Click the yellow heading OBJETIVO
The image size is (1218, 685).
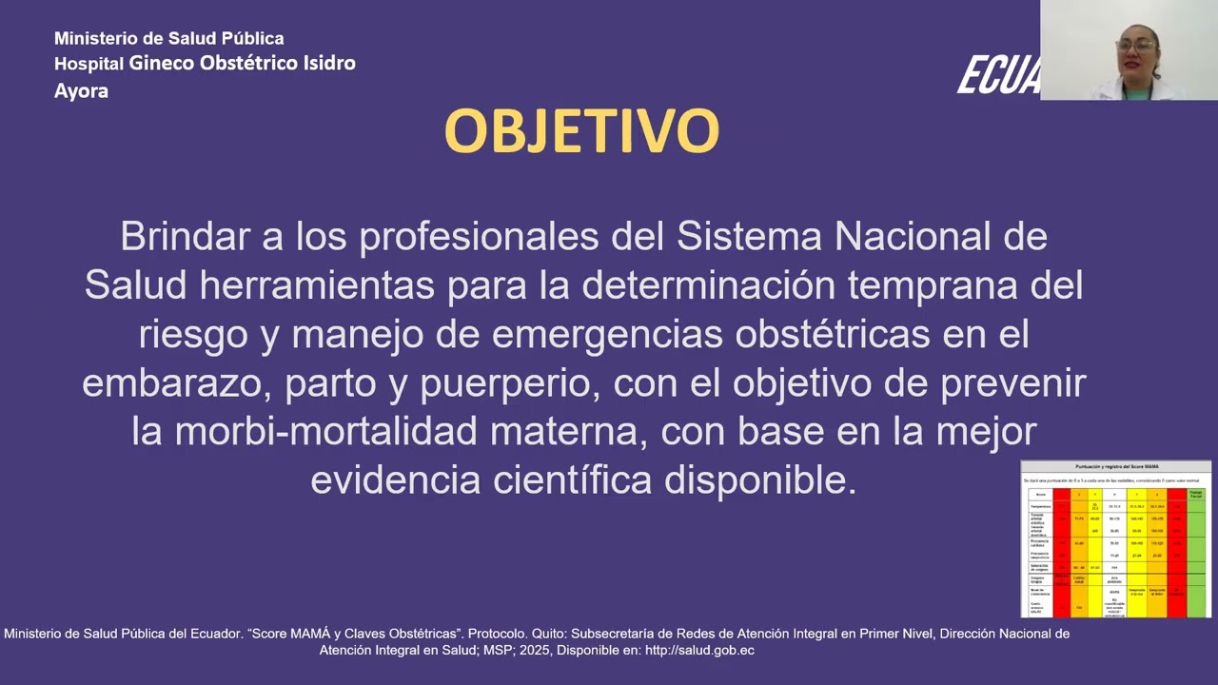tap(581, 131)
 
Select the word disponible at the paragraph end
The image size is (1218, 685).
tap(761, 480)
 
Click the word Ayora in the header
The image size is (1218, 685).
tap(81, 91)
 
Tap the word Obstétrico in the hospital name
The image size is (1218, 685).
tap(246, 64)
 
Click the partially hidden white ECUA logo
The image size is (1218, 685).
tap(998, 75)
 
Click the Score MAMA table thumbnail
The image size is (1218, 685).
tap(1115, 538)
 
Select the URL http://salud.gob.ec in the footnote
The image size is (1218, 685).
tap(699, 651)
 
